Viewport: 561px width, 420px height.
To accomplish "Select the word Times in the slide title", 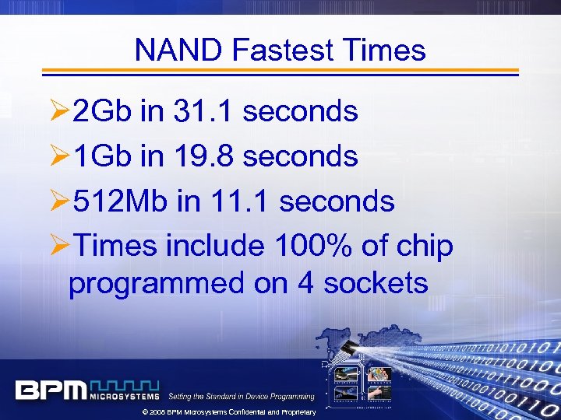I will tap(387, 51).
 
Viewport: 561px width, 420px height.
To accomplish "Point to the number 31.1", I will tap(204, 112).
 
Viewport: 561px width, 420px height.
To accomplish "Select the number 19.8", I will tap(204, 157).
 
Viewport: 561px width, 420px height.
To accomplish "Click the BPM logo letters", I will tap(51, 390).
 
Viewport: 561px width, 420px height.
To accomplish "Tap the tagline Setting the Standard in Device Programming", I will tap(242, 396).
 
